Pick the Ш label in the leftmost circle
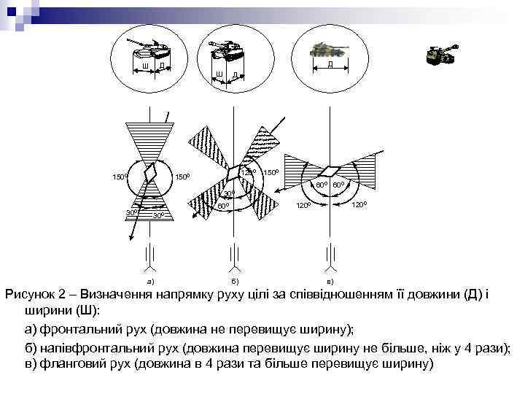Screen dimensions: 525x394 (146, 67)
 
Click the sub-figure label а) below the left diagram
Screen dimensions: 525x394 (150, 280)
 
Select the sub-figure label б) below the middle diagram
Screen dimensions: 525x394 (234, 280)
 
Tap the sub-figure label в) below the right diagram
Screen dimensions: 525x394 (330, 280)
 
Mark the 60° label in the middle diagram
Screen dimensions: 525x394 (223, 207)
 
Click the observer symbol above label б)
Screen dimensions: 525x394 (233, 255)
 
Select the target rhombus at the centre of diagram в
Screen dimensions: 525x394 (331, 171)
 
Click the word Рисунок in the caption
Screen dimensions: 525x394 (31, 295)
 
